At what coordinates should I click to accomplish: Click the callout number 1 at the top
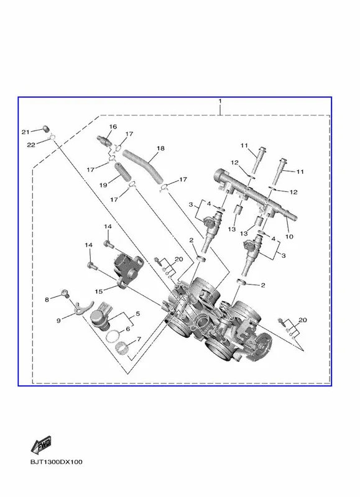pos(220,101)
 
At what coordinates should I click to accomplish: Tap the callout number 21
pos(25,132)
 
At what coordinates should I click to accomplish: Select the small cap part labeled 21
pos(46,129)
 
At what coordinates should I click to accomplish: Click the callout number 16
pos(113,127)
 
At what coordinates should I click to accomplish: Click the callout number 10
pos(289,236)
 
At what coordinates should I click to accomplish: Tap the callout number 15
pos(99,291)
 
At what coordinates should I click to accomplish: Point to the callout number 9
pos(58,321)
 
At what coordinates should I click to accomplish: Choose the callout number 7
pos(139,339)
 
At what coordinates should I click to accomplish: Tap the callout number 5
pos(137,314)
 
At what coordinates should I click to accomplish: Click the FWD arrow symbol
pos(41,445)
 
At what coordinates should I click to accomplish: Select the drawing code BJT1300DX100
pos(57,462)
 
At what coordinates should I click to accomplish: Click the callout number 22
pos(30,145)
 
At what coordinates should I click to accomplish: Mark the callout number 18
pos(160,148)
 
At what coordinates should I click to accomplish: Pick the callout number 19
pos(103,185)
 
